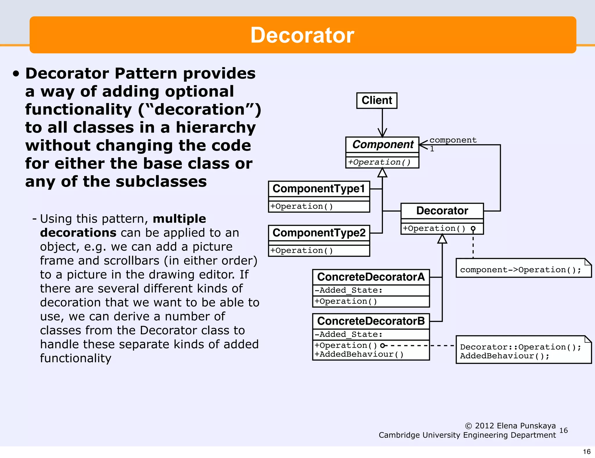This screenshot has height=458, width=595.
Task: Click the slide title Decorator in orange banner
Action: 302,35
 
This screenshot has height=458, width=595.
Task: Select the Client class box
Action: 377,101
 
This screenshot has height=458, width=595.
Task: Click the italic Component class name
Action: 383,144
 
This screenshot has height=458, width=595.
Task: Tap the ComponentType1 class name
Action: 319,189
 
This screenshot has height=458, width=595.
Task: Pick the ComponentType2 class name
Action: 319,233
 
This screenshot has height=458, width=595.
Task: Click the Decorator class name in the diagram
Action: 442,211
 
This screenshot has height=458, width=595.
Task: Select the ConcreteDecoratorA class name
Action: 371,277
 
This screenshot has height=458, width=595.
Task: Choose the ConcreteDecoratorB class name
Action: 371,321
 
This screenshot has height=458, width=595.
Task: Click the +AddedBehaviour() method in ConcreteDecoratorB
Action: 359,354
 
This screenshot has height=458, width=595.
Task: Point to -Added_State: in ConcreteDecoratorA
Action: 348,290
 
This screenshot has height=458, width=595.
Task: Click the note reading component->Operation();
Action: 521,270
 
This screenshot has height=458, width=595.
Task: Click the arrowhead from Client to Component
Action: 382,133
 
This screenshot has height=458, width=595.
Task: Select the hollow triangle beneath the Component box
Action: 382,173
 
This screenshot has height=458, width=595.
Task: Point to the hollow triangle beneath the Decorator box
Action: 442,239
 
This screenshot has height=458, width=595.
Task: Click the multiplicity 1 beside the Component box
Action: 432,149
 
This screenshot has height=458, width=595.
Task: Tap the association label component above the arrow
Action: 453,140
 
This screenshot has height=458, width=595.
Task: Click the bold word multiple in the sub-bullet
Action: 179,219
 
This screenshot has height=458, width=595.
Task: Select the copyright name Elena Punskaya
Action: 526,426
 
